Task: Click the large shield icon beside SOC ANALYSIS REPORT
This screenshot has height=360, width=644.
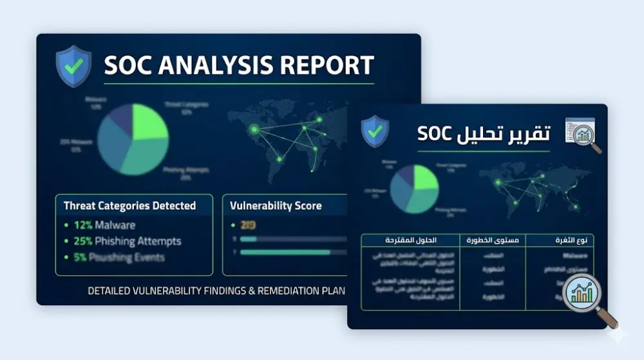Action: click(x=73, y=66)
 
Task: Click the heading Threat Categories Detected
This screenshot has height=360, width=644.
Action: click(x=129, y=206)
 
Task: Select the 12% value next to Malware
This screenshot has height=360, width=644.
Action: click(x=83, y=225)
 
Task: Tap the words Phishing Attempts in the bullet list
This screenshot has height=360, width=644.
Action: click(x=138, y=242)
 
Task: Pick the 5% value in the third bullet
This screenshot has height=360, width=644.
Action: click(x=80, y=258)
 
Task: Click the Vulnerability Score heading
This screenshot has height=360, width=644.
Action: click(x=276, y=206)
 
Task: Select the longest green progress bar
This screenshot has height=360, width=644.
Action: click(x=285, y=252)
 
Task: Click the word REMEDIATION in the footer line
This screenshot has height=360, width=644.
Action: click(x=283, y=290)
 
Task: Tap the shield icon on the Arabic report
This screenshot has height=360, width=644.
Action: click(x=375, y=132)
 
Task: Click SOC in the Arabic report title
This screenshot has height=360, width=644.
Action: click(x=437, y=133)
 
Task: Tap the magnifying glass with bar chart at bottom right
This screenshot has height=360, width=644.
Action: click(x=583, y=296)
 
